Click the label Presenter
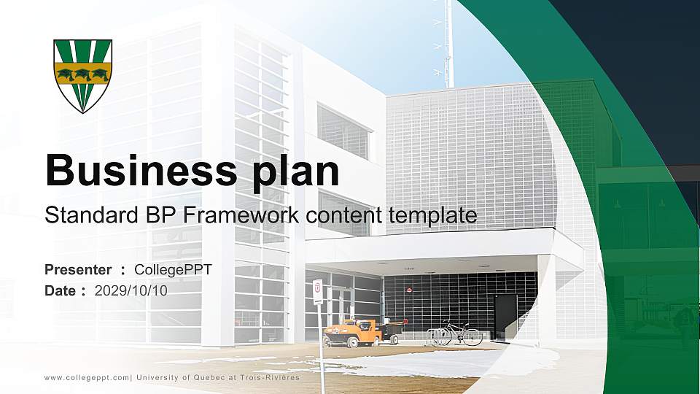pyautogui.click(x=78, y=270)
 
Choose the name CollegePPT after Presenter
pyautogui.click(x=174, y=270)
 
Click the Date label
pyautogui.click(x=61, y=290)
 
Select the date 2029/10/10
pyautogui.click(x=131, y=290)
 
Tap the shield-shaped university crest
pyautogui.click(x=82, y=75)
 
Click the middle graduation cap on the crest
pyautogui.click(x=82, y=73)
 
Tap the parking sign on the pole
pyautogui.click(x=318, y=291)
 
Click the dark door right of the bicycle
pyautogui.click(x=505, y=316)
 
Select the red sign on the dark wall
pyautogui.click(x=410, y=289)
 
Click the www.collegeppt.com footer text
pyautogui.click(x=87, y=377)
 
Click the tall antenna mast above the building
pyautogui.click(x=449, y=44)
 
